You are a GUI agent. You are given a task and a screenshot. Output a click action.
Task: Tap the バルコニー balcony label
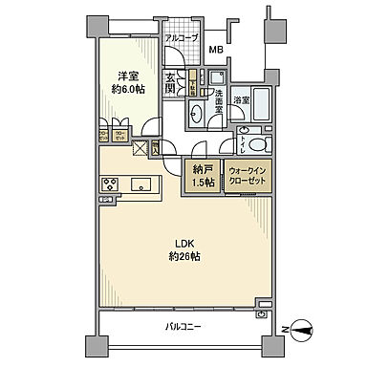183,326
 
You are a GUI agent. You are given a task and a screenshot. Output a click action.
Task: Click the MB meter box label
216,50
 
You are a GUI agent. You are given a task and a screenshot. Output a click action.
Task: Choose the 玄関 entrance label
173,83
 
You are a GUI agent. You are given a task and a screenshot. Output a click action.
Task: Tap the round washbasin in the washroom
196,113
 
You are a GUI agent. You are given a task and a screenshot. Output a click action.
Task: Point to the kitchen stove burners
109,184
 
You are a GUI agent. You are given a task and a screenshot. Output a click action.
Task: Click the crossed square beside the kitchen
140,148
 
